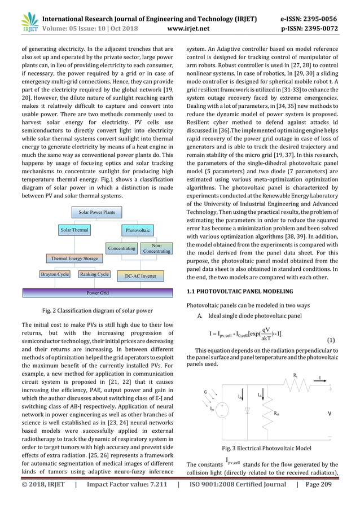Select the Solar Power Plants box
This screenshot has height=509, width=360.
[x=96, y=212]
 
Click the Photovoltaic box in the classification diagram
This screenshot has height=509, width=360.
[x=138, y=230]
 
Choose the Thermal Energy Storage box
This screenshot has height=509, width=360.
[x=74, y=258]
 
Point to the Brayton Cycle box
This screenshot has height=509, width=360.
[x=55, y=274]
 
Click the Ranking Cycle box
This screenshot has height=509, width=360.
[x=94, y=274]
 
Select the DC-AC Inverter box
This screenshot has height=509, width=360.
[x=141, y=276]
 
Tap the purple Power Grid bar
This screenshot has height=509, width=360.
[x=97, y=293]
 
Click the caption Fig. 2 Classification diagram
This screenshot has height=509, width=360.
[x=97, y=311]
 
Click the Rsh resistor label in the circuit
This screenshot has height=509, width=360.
[x=278, y=414]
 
